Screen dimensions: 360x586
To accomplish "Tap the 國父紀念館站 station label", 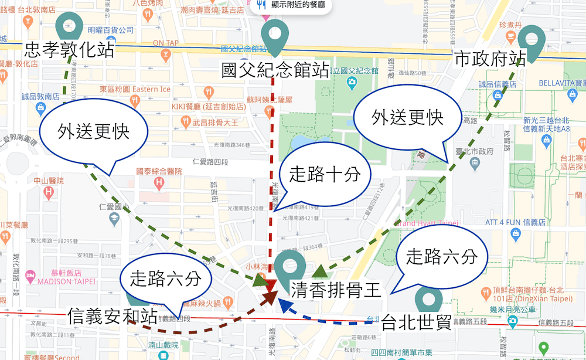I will pyautogui.click(x=274, y=70).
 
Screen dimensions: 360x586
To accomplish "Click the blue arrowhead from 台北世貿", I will pyautogui.click(x=284, y=304).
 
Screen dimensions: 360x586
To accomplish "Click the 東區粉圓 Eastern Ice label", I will pyautogui.click(x=135, y=89).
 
